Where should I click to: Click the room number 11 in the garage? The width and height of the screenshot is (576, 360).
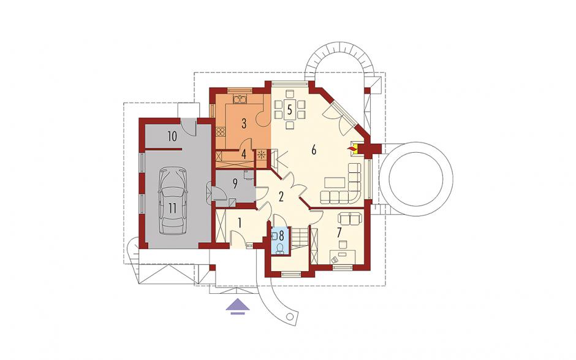tap(173, 208)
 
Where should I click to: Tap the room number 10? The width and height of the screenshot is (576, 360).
tap(172, 136)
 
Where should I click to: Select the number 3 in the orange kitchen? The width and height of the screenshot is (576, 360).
tap(243, 123)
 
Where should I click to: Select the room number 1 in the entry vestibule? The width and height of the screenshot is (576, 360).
tap(240, 223)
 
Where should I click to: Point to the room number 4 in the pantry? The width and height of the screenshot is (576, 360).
tap(243, 154)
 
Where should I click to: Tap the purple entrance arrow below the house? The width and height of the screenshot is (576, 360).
tap(238, 307)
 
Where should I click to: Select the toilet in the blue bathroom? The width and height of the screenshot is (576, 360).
tap(280, 248)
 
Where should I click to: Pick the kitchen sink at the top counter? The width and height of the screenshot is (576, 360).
tap(240, 99)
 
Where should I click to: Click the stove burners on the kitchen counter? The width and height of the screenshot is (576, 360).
tap(221, 131)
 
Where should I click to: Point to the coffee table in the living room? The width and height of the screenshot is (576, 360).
tap(335, 183)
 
